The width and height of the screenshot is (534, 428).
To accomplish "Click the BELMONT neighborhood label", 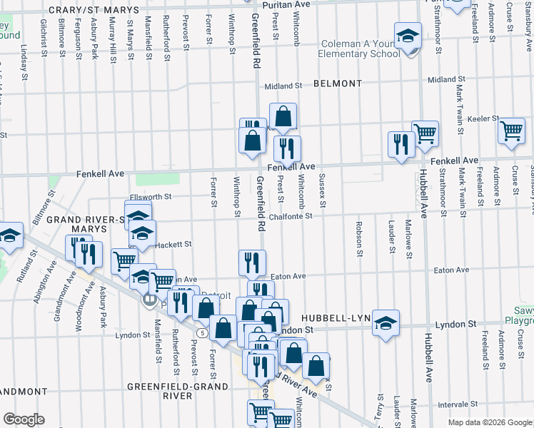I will [x=338, y=83].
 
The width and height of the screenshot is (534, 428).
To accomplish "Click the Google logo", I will [x=24, y=419].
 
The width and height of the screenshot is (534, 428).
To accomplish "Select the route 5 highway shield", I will [x=203, y=332].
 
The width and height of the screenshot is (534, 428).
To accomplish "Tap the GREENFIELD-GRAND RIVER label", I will [x=178, y=391].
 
